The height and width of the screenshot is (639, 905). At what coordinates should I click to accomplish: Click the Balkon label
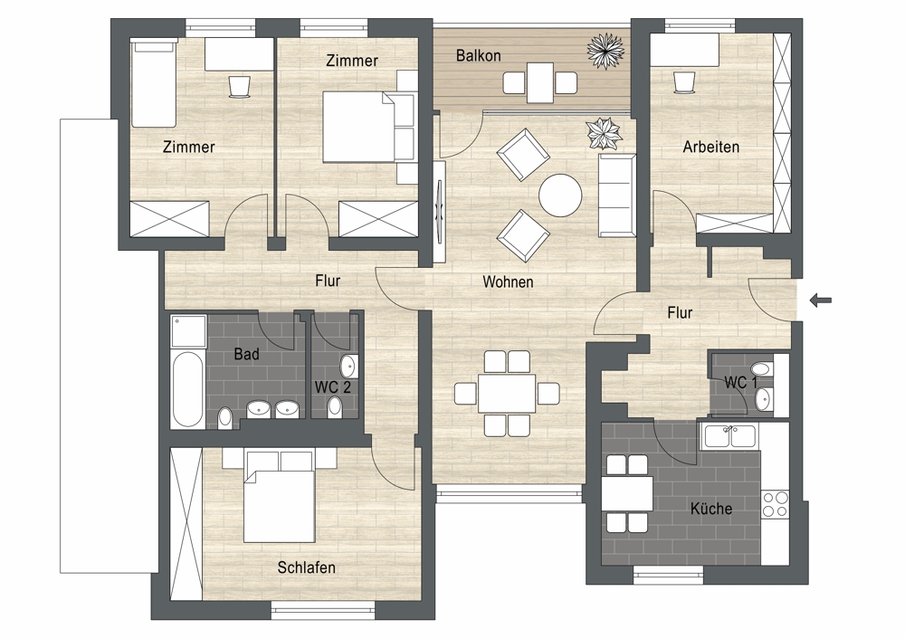pos(478,55)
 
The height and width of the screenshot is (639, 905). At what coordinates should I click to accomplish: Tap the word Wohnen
pos(508,281)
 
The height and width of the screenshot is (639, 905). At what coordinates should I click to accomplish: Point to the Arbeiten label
pos(710,147)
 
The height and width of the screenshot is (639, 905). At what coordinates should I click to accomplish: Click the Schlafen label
pos(307,567)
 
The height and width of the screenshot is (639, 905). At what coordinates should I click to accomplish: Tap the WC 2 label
pos(332,386)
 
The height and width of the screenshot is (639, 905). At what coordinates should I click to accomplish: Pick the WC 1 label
pos(740,382)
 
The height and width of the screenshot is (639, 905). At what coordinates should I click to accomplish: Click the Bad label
pos(246,354)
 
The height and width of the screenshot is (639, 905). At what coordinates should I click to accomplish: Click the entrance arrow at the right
pos(821,300)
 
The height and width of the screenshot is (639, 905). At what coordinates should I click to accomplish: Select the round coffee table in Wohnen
pos(560,196)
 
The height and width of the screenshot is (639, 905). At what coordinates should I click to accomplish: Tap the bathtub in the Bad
pos(187,389)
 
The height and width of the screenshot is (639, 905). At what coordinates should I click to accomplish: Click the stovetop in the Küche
pos(775,503)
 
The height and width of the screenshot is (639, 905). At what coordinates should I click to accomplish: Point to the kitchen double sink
pos(729,436)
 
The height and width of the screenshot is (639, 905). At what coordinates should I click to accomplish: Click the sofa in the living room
pos(617,196)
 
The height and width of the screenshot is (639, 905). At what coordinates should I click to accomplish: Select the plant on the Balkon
pos(605,51)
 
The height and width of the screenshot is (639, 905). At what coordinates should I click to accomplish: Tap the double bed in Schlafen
pos(280,496)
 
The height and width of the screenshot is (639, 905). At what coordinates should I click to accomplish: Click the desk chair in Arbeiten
pos(684,81)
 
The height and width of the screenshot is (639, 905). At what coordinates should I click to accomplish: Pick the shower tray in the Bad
pos(188,331)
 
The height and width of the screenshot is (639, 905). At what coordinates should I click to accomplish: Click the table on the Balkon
pos(540,82)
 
